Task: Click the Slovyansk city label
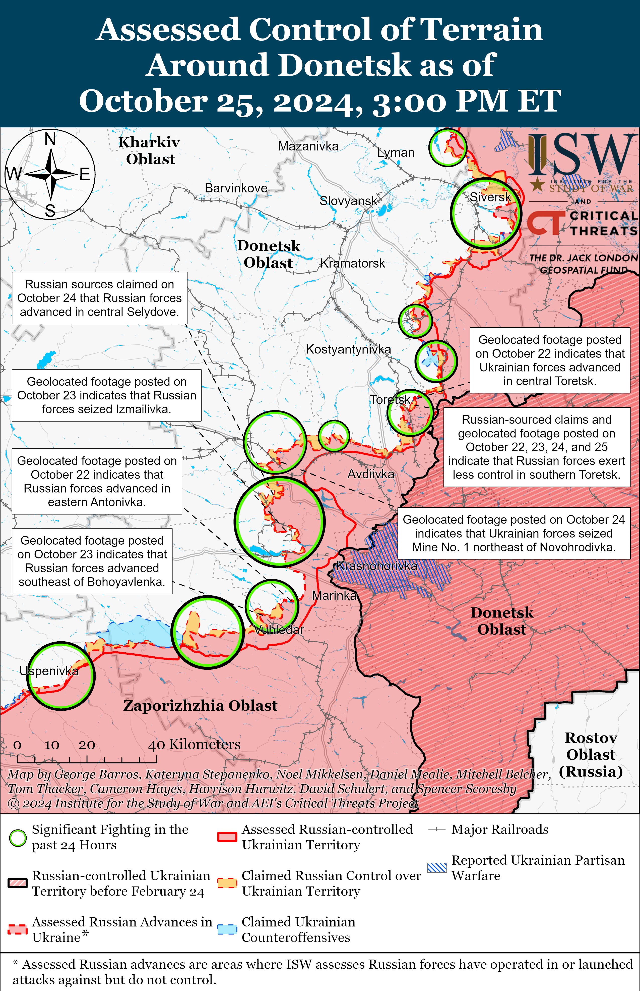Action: click(x=348, y=201)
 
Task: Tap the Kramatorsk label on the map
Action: click(x=352, y=263)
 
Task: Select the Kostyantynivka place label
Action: click(x=348, y=349)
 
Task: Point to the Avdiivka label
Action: click(x=371, y=474)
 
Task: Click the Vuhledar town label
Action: click(x=279, y=630)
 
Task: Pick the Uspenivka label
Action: click(x=49, y=671)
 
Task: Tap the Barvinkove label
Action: click(x=236, y=188)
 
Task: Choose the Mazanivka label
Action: click(x=308, y=146)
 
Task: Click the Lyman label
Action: click(x=396, y=153)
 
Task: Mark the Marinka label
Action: click(x=334, y=596)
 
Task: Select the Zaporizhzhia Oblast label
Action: click(x=200, y=706)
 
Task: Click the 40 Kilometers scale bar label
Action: click(x=195, y=744)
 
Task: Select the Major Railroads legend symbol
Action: click(x=437, y=830)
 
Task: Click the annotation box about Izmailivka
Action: click(x=106, y=395)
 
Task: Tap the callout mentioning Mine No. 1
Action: click(x=514, y=533)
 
